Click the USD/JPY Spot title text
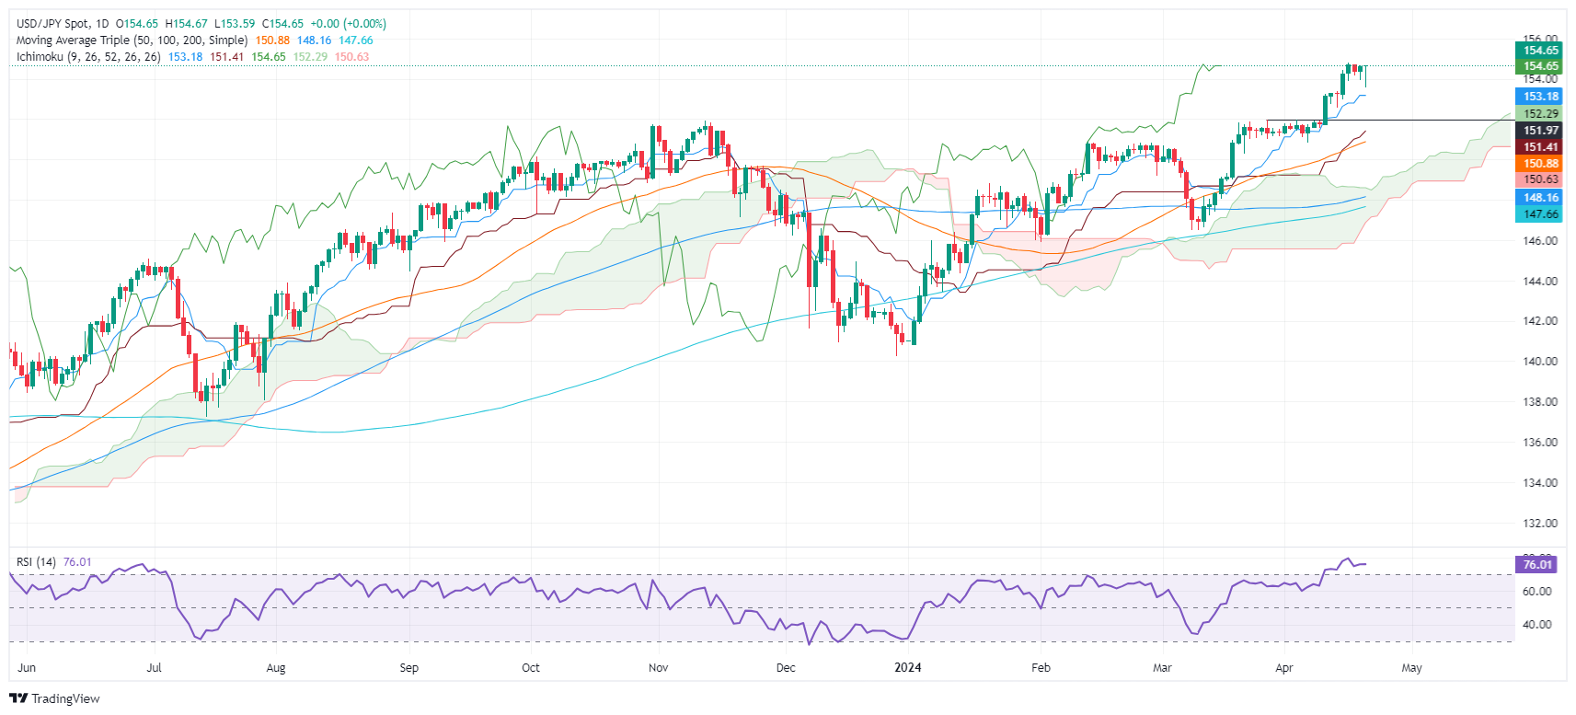click(x=55, y=24)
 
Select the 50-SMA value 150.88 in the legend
click(x=272, y=40)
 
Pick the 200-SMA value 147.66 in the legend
click(x=356, y=40)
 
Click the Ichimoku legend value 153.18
click(x=185, y=57)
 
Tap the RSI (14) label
click(x=36, y=562)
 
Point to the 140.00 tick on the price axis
click(x=1540, y=362)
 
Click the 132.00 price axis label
click(x=1540, y=524)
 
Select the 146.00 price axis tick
click(x=1540, y=241)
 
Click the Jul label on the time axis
click(x=154, y=668)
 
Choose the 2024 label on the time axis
click(x=908, y=668)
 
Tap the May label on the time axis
click(x=1411, y=668)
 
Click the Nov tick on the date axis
click(x=658, y=668)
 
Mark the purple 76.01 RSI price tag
click(x=1537, y=565)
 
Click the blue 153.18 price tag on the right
click(x=1540, y=97)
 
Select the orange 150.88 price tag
click(x=1540, y=164)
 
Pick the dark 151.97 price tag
click(x=1540, y=131)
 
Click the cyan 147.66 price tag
click(x=1540, y=214)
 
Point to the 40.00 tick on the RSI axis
click(x=1537, y=625)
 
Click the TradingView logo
click(x=54, y=698)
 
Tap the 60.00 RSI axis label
click(x=1537, y=592)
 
